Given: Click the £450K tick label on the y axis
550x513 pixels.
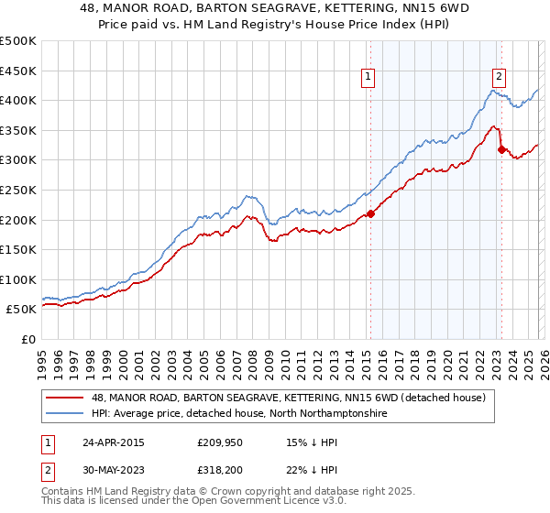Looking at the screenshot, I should [18, 71].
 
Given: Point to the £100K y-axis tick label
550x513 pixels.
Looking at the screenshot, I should [18, 279].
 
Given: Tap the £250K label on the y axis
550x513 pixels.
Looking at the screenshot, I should [18, 190].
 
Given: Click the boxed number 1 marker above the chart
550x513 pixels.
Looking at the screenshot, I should [368, 78].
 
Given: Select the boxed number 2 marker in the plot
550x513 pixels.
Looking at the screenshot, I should [500, 78].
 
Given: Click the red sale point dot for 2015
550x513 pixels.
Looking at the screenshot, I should [371, 214].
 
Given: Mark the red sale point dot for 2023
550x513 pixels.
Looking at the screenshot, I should [501, 149].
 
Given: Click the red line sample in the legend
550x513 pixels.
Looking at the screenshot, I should [65, 398].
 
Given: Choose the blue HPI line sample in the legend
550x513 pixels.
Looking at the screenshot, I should [65, 414].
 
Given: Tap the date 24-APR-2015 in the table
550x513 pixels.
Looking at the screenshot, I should [112, 442].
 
